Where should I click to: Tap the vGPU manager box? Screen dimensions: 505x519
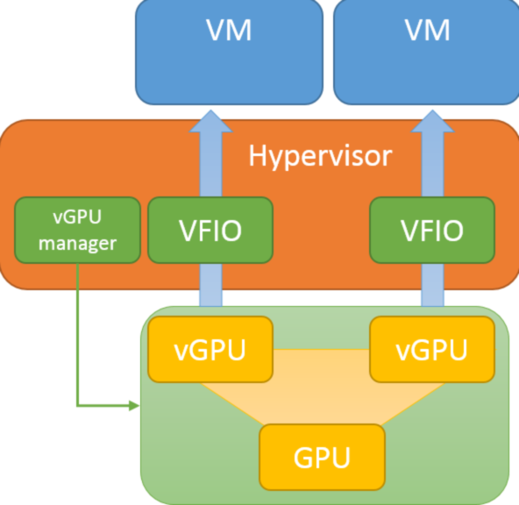tap(78, 230)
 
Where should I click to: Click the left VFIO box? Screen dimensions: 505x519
tap(210, 231)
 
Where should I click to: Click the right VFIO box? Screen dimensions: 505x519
tap(431, 231)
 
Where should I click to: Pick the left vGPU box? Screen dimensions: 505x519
tap(210, 350)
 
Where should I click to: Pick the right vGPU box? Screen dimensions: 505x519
tap(431, 350)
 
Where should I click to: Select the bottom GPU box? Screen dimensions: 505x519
tap(322, 456)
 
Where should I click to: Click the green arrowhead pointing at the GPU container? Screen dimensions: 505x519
tap(134, 406)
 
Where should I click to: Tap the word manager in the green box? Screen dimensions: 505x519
tap(78, 243)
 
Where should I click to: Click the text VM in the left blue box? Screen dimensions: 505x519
tap(228, 31)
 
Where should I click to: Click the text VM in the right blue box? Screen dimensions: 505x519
tap(427, 31)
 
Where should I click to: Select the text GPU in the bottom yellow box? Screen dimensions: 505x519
tap(322, 457)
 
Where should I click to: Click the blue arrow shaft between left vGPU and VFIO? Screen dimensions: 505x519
tap(210, 288)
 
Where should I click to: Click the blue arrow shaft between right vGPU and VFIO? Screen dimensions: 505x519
tap(431, 288)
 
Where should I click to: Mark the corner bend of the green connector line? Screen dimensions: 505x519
tap(78, 406)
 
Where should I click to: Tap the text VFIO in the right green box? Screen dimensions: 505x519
tap(431, 231)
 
